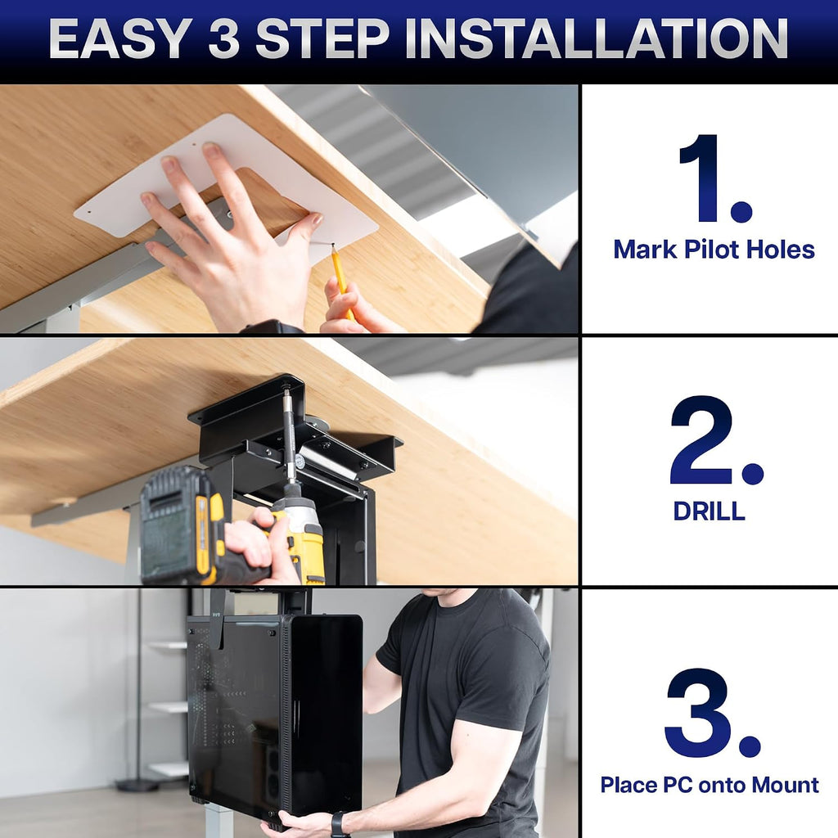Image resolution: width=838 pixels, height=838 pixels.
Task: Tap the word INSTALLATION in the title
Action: (x=597, y=38)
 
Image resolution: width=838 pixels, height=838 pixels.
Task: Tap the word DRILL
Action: (x=709, y=511)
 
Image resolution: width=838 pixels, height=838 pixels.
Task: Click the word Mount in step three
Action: (x=785, y=785)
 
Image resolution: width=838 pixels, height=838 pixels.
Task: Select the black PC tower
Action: (x=275, y=716)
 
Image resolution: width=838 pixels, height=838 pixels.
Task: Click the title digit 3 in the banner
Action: (x=223, y=38)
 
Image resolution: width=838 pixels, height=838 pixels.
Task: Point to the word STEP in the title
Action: (x=322, y=38)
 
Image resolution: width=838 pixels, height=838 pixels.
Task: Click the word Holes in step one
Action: (x=780, y=250)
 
